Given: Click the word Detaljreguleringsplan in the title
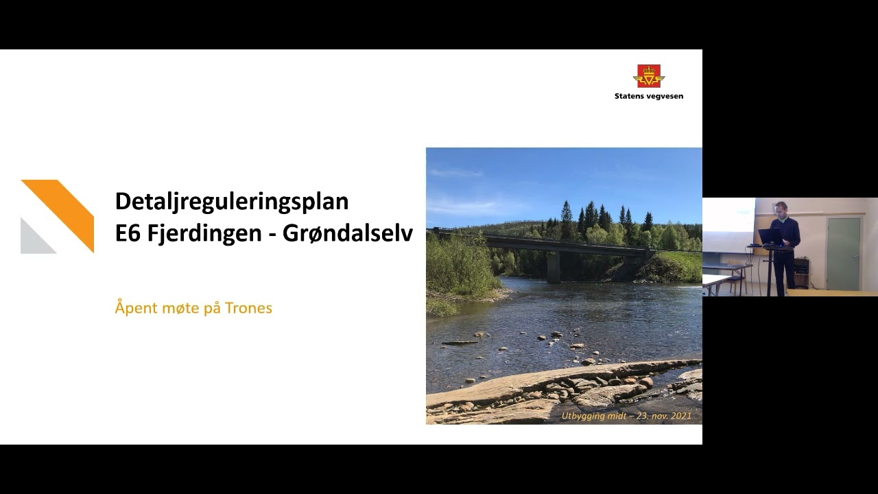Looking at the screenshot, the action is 232,202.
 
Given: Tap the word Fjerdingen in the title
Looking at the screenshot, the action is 204,234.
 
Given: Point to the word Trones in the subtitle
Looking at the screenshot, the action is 248,308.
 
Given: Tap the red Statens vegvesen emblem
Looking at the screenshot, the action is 649,76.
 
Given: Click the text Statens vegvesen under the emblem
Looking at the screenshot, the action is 649,96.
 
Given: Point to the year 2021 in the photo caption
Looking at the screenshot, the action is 681,416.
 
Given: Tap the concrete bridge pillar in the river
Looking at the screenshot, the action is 554,268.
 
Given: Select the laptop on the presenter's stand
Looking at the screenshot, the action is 770,237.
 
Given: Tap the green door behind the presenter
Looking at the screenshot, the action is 844,254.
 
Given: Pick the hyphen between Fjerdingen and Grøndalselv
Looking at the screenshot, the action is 272,235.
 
